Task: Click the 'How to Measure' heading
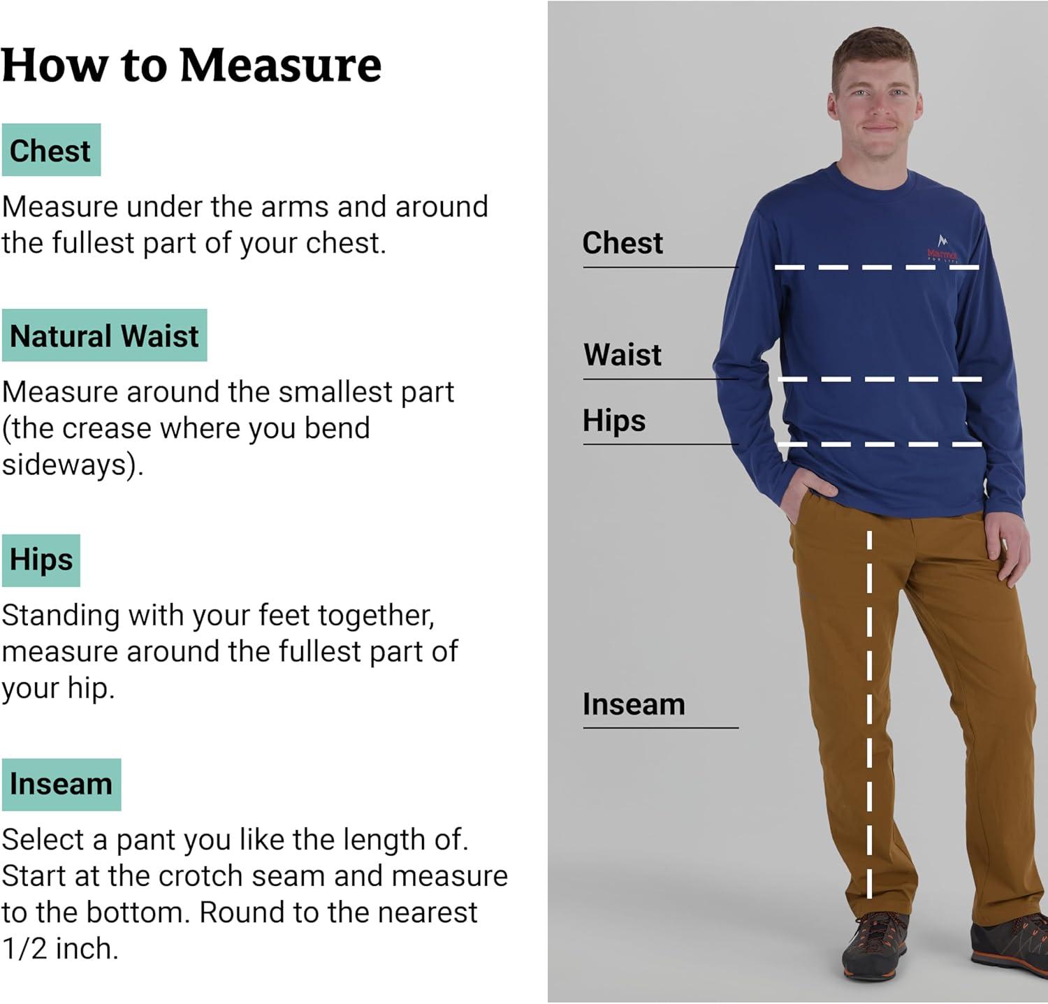tap(191, 66)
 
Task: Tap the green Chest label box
tap(51, 150)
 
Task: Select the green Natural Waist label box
tap(104, 335)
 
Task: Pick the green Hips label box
tap(41, 560)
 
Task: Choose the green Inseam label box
tap(61, 785)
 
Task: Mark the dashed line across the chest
tap(877, 268)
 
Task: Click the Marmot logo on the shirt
tap(942, 248)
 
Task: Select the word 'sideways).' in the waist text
tap(73, 465)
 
